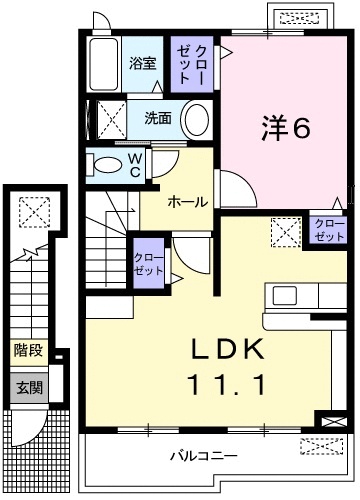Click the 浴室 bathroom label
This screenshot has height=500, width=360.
click(143, 63)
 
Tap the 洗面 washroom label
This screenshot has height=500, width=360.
click(158, 117)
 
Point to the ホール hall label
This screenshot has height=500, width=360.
click(187, 202)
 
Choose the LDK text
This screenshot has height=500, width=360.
click(226, 351)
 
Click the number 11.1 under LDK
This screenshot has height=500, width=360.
click(226, 384)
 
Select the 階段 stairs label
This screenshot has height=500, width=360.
click(28, 351)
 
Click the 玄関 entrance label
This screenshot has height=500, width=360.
click(28, 386)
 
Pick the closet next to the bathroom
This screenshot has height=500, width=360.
click(192, 65)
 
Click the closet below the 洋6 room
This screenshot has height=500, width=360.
click(326, 230)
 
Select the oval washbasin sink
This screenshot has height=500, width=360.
click(198, 118)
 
